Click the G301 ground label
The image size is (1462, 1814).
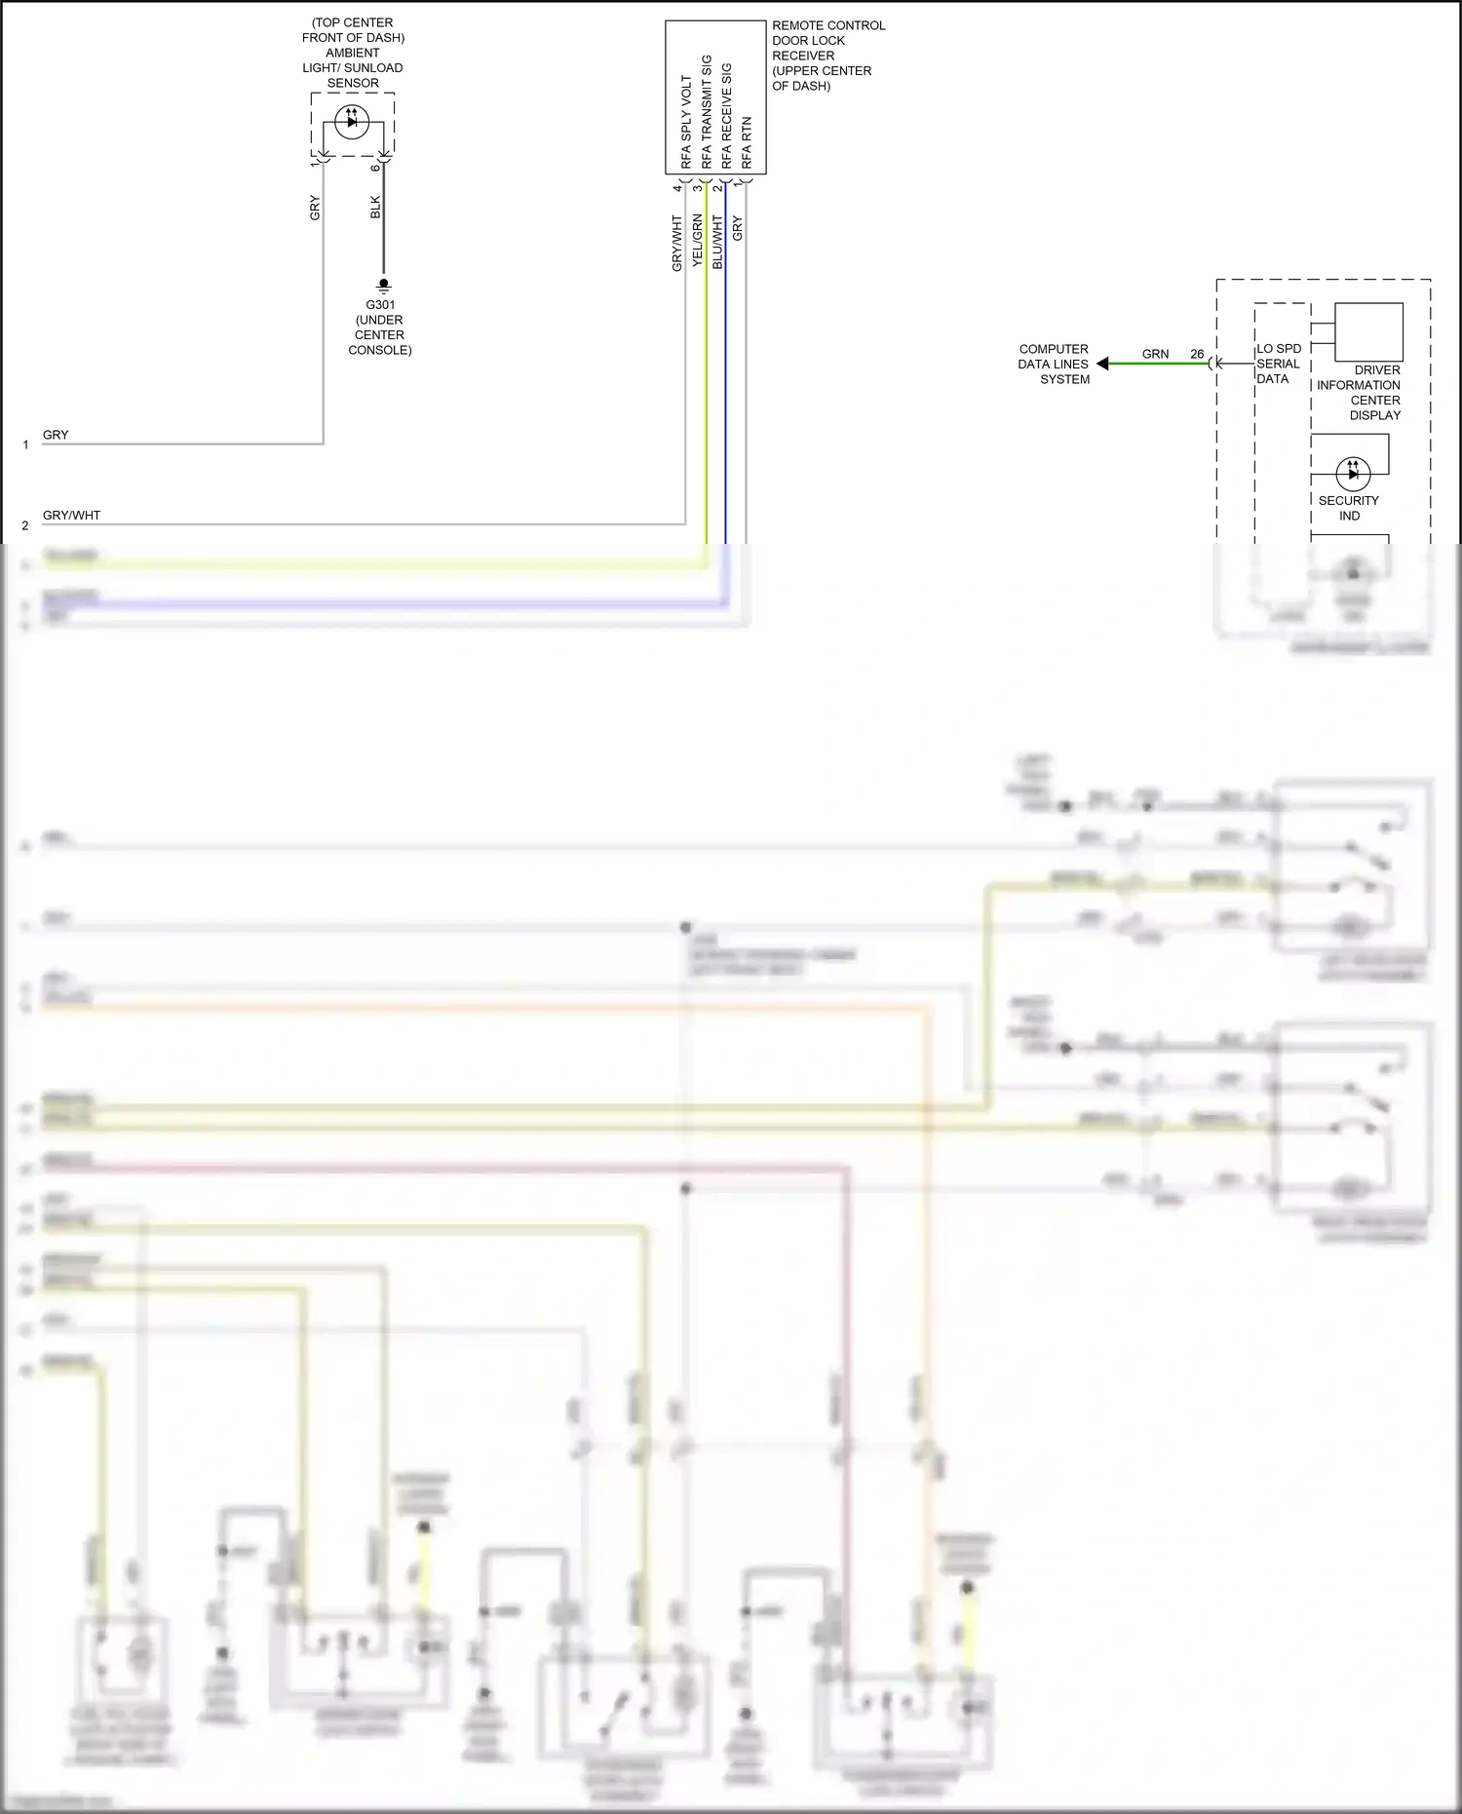pos(380,304)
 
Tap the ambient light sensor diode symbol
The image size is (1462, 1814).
pos(352,122)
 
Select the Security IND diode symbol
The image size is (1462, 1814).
pos(1353,474)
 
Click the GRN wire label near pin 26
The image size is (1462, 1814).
pos(1155,354)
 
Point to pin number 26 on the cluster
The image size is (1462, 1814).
pos(1197,354)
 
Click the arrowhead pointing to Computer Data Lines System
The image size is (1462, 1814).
pos(1102,364)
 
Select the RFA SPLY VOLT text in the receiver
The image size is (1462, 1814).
pos(686,122)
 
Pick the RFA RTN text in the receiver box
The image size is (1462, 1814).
pos(748,143)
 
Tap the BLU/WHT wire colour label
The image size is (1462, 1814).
pos(717,243)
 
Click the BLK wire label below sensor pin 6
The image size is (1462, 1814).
pos(376,207)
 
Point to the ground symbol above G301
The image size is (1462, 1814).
pos(383,286)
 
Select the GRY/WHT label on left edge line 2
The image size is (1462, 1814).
pos(71,515)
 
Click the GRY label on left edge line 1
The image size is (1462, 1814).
pos(56,435)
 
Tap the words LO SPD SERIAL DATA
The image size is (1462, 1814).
pos(1278,364)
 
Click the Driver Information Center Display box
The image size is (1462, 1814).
pos(1367,332)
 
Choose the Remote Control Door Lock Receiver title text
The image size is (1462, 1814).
pos(827,56)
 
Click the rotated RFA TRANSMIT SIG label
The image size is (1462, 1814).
pos(707,112)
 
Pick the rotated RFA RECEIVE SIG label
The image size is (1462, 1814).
pos(727,116)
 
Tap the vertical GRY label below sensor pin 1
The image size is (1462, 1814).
pos(315,208)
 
